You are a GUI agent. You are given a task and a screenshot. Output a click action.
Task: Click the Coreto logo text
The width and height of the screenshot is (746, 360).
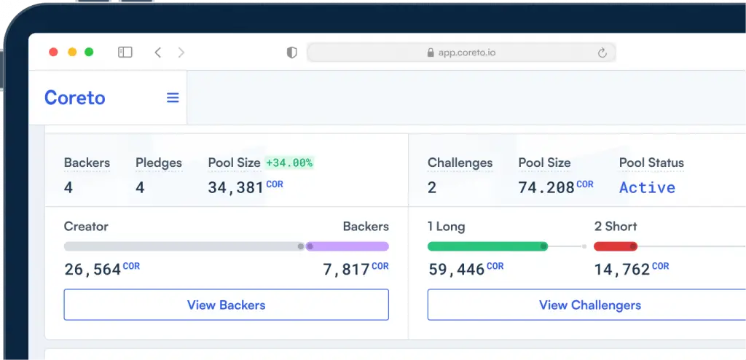(x=74, y=98)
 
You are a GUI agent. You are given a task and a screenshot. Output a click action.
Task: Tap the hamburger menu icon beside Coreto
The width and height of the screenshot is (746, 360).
(x=173, y=98)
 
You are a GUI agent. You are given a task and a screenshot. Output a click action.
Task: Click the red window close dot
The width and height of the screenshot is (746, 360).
(x=53, y=52)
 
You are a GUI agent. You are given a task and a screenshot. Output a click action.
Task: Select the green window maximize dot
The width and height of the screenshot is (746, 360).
(x=89, y=52)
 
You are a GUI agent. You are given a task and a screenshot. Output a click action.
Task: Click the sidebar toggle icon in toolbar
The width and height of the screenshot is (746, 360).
(x=125, y=52)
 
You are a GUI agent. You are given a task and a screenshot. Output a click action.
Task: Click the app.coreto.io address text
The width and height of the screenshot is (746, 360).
(x=467, y=52)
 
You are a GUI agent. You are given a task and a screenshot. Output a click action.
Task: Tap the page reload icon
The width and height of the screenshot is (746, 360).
(x=602, y=52)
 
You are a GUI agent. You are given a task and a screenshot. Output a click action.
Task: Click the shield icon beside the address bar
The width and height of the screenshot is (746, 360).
(x=291, y=52)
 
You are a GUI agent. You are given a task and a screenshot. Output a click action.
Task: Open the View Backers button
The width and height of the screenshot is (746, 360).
(x=226, y=305)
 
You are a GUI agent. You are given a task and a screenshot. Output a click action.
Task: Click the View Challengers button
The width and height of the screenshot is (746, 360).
(x=589, y=305)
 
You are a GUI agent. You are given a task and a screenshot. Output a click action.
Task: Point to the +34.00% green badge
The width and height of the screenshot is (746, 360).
(x=289, y=163)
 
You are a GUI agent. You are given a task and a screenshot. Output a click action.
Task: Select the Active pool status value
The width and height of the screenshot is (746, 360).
(x=647, y=187)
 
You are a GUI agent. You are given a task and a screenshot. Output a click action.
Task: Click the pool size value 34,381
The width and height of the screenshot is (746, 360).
(x=236, y=188)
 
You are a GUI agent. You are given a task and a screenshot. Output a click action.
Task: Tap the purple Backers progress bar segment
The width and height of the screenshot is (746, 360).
(x=348, y=246)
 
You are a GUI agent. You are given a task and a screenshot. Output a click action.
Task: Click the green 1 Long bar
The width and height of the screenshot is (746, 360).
(x=487, y=246)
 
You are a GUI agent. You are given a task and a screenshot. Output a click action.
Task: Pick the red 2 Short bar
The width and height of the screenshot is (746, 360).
(x=616, y=246)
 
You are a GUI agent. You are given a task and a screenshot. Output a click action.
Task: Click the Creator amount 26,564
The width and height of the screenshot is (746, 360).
(x=93, y=270)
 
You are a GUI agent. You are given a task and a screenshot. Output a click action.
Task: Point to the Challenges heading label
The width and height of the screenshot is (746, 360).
(x=460, y=163)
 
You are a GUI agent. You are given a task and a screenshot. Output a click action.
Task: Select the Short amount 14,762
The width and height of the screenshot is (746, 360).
(x=621, y=270)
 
